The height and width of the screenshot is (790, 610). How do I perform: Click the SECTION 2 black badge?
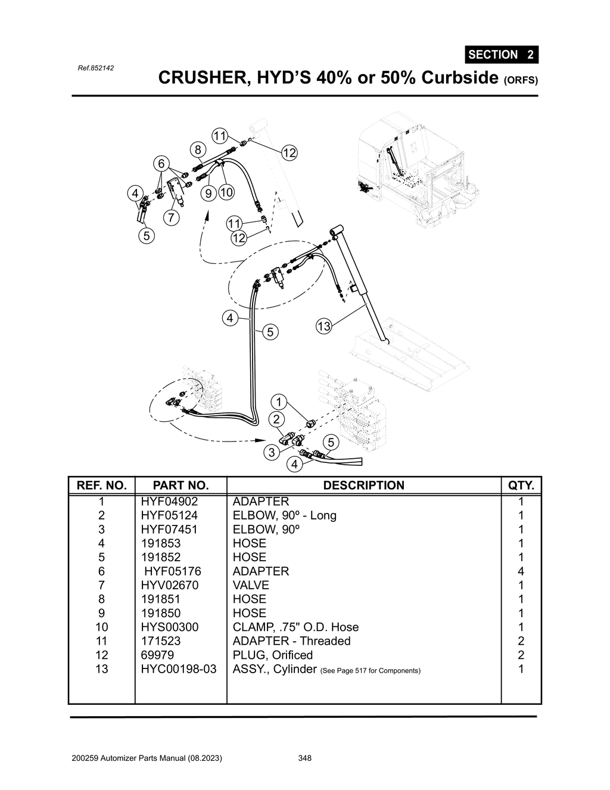pyautogui.click(x=501, y=55)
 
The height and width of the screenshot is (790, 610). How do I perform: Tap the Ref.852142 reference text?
pyautogui.click(x=96, y=68)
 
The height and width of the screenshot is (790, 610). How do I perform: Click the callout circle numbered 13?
pyautogui.click(x=323, y=326)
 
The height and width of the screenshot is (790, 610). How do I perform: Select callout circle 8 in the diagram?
pyautogui.click(x=198, y=149)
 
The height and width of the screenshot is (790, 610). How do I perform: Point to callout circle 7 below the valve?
pyautogui.click(x=171, y=217)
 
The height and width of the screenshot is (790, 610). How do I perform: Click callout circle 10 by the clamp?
pyautogui.click(x=226, y=192)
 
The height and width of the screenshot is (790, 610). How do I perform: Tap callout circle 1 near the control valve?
pyautogui.click(x=278, y=401)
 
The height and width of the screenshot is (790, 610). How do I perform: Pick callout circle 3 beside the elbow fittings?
pyautogui.click(x=272, y=452)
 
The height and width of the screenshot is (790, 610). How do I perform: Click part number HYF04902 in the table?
pyautogui.click(x=169, y=502)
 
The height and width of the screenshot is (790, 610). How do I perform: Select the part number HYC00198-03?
pyautogui.click(x=179, y=669)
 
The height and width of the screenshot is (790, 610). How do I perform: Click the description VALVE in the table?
pyautogui.click(x=251, y=585)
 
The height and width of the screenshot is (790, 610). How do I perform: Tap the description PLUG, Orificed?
pyautogui.click(x=272, y=655)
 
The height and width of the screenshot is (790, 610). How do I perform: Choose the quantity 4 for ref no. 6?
pyautogui.click(x=521, y=571)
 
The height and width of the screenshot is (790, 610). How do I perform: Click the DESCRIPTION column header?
pyautogui.click(x=363, y=486)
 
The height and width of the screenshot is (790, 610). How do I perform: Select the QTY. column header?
pyautogui.click(x=521, y=486)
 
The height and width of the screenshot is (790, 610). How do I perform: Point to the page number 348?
pyautogui.click(x=304, y=758)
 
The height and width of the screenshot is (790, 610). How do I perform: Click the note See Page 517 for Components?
pyautogui.click(x=370, y=671)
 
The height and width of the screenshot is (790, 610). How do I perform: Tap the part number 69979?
pyautogui.click(x=157, y=655)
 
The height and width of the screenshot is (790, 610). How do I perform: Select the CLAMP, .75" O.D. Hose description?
pyautogui.click(x=295, y=627)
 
